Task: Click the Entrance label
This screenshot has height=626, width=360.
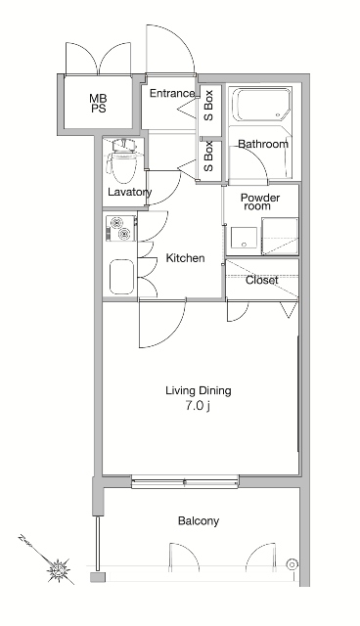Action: tap(172, 94)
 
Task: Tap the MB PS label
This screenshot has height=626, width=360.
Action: tap(98, 103)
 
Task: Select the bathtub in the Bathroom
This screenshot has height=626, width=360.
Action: tap(262, 105)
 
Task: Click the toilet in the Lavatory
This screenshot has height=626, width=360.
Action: tap(121, 159)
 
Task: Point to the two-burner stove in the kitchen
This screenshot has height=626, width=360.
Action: tap(121, 228)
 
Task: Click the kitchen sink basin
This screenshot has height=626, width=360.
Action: tap(121, 277)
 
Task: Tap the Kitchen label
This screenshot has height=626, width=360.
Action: tap(185, 258)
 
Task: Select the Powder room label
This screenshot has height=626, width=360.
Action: tap(260, 201)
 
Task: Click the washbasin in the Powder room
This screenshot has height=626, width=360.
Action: tap(244, 238)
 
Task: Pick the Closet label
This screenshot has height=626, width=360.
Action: tap(261, 281)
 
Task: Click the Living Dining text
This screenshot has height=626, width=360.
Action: tap(199, 390)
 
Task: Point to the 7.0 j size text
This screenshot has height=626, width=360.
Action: tap(198, 406)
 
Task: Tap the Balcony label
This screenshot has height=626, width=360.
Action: tap(199, 521)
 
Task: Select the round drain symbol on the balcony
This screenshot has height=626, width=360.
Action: tap(292, 564)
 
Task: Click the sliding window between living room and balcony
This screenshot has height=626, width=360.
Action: tap(185, 482)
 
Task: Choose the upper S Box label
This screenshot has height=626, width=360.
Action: tap(208, 106)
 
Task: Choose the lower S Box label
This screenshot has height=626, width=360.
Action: tap(208, 156)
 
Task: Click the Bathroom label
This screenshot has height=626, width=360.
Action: tap(263, 144)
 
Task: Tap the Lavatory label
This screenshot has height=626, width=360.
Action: tap(130, 192)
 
